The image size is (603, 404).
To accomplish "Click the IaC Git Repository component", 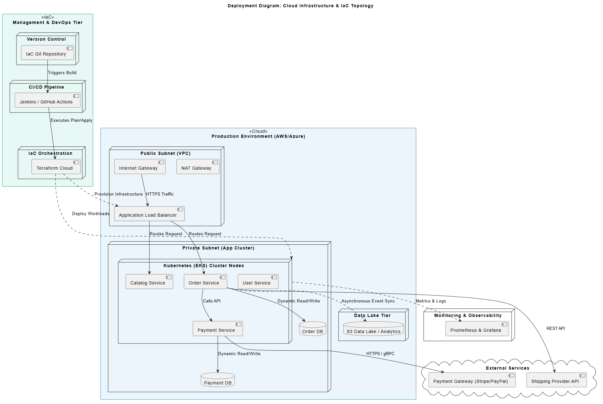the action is click(48, 52).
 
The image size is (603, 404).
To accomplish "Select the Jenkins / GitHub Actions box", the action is click(48, 100).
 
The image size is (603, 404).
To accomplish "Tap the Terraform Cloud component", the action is click(56, 167).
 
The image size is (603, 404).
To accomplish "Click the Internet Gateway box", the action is click(140, 167).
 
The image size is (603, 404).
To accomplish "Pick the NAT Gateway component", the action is click(198, 167).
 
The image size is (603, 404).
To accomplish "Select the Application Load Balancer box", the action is click(149, 214).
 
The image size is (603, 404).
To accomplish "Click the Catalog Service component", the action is click(149, 281).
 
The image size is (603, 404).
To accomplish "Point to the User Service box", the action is click(258, 281).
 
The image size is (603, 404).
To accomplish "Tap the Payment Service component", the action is click(218, 329).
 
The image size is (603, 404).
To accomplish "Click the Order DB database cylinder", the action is click(313, 329).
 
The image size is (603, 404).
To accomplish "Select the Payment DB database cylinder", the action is click(218, 380).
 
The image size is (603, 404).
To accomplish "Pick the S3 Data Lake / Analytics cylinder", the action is click(374, 329).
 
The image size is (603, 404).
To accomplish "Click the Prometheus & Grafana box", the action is click(477, 329).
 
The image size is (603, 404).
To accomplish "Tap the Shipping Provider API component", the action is click(557, 380).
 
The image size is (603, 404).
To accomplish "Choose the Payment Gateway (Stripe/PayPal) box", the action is click(472, 380).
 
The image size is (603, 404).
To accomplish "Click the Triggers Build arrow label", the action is click(62, 73).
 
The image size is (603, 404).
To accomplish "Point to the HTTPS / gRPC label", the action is click(380, 354).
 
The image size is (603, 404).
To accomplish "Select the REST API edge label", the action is click(556, 329).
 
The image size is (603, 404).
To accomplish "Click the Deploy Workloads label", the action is click(91, 214).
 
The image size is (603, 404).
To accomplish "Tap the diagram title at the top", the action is click(300, 6).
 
